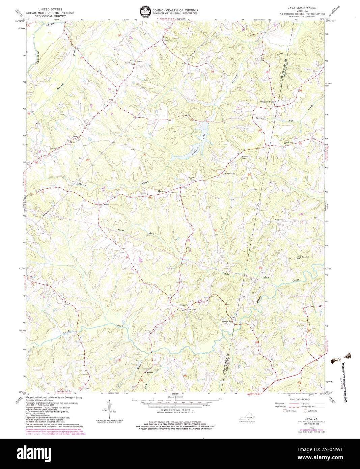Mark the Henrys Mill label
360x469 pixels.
pos(227,321)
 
